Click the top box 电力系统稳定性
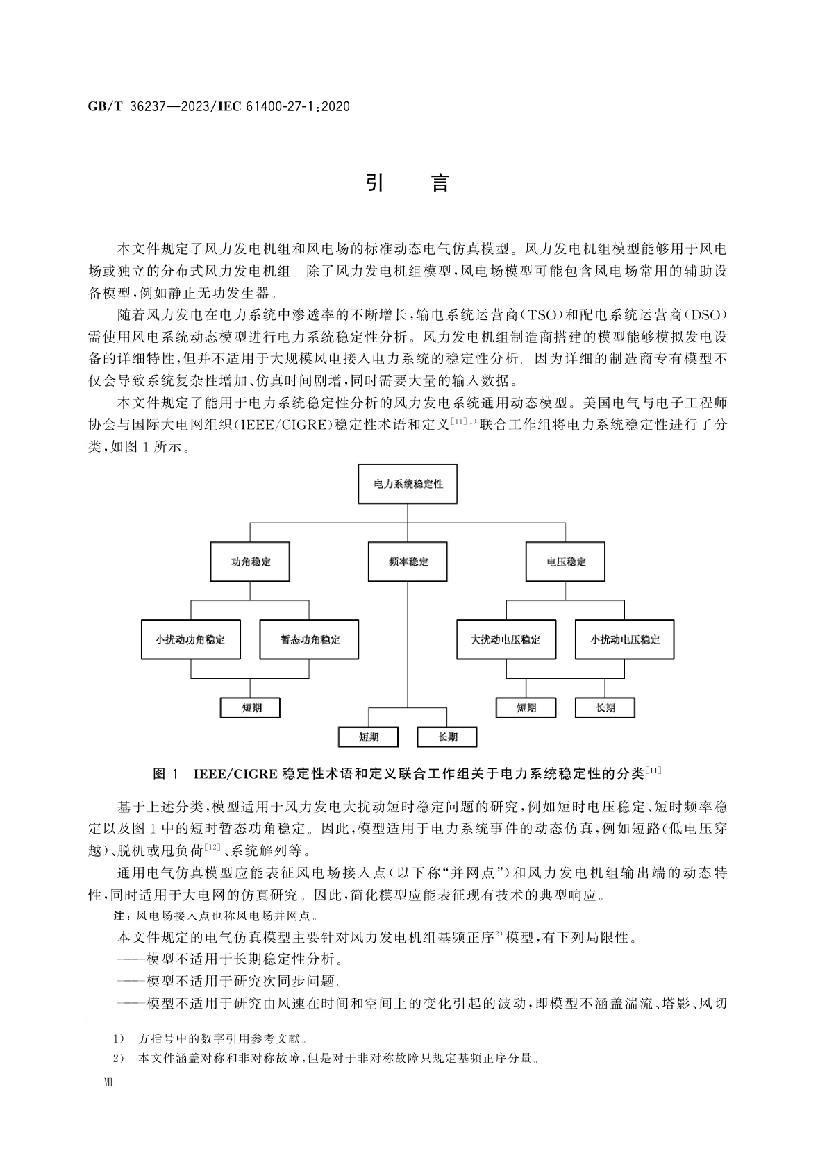pyautogui.click(x=408, y=484)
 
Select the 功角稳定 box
pyautogui.click(x=250, y=562)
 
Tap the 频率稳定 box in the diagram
pyautogui.click(x=408, y=562)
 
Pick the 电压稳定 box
pyautogui.click(x=565, y=562)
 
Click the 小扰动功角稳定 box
pyautogui.click(x=190, y=639)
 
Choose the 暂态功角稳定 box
pyautogui.click(x=310, y=639)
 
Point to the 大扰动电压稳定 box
pyautogui.click(x=506, y=639)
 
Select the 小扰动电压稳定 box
pyautogui.click(x=625, y=639)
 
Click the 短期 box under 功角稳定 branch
pyautogui.click(x=251, y=708)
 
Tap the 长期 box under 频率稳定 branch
pyautogui.click(x=447, y=737)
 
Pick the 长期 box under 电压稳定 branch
pyautogui.click(x=605, y=708)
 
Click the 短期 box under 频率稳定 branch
pyautogui.click(x=368, y=737)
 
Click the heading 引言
pyautogui.click(x=408, y=183)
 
